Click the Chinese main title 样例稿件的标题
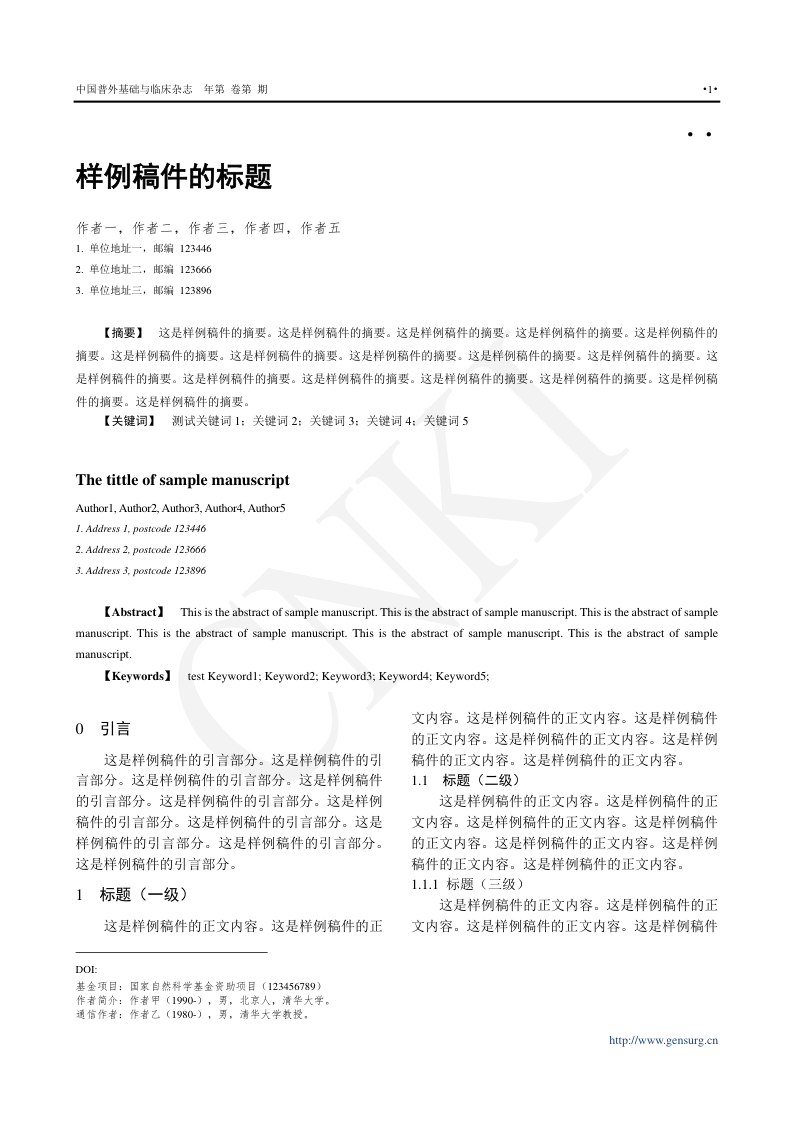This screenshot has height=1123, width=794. (174, 178)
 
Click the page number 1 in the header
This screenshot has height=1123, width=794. (710, 90)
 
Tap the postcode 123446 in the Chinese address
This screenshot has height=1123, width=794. (196, 248)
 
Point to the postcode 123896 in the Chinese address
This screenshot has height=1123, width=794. (196, 290)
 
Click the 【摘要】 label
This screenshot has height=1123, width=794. (123, 331)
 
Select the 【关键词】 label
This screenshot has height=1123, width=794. (129, 421)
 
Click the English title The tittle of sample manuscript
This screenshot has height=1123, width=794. (183, 480)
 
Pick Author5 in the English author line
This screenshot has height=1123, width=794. (267, 508)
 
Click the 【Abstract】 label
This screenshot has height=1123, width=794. (134, 611)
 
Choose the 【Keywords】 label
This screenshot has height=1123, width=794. (136, 676)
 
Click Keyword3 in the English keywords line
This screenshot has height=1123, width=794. (347, 676)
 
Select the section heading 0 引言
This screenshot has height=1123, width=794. (103, 729)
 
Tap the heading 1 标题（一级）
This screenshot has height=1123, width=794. (132, 895)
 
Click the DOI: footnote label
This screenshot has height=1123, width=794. (86, 969)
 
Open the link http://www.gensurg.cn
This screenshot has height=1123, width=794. (664, 1040)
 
